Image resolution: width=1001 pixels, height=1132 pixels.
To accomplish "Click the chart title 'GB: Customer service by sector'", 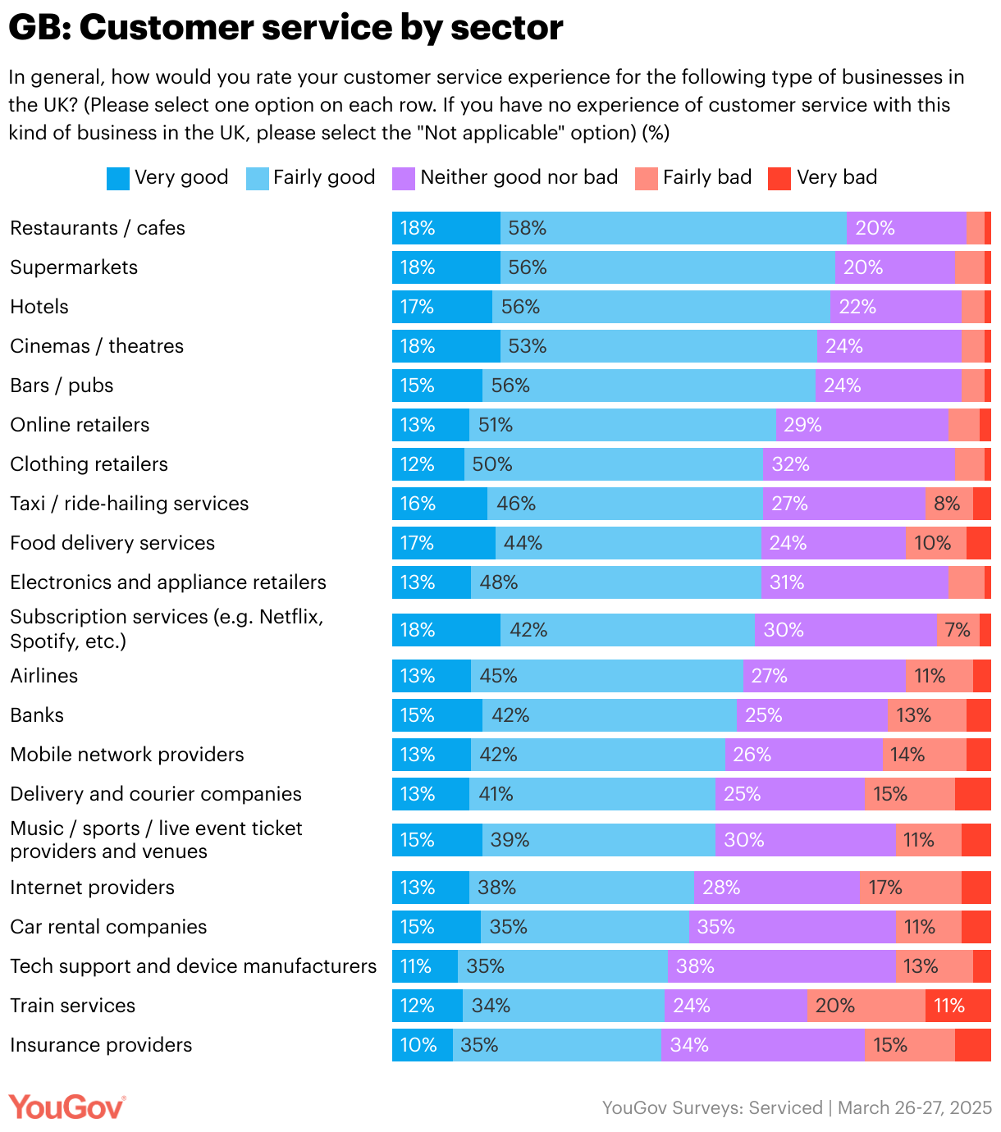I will pyautogui.click(x=286, y=28).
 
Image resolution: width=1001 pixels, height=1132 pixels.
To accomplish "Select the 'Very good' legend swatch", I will pyautogui.click(x=118, y=178).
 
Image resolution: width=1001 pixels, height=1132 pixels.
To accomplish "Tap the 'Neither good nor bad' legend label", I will pyautogui.click(x=519, y=177).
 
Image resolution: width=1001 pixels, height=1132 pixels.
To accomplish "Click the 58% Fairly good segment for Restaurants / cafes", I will pyautogui.click(x=673, y=228).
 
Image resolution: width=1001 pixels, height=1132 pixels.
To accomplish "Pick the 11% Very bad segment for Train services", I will pyautogui.click(x=958, y=1006).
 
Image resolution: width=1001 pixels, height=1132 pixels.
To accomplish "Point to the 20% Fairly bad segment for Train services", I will pyautogui.click(x=866, y=1006).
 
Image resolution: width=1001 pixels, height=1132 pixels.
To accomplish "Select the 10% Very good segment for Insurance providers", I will pyautogui.click(x=422, y=1045).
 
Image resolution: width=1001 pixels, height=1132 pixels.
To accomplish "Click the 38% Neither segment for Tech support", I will pyautogui.click(x=781, y=966).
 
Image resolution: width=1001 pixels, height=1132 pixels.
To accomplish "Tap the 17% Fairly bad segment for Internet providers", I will pyautogui.click(x=910, y=888).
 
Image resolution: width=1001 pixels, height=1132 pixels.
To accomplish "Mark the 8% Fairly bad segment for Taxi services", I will pyautogui.click(x=948, y=504).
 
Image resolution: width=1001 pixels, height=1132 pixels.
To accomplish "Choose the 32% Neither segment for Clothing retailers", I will pyautogui.click(x=858, y=464).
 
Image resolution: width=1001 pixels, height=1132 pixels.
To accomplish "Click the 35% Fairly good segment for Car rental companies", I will pyautogui.click(x=584, y=927).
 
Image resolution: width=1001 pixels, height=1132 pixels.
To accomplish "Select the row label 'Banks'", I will pyautogui.click(x=37, y=715).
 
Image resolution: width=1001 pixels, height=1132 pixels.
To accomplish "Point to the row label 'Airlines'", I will pyautogui.click(x=44, y=676).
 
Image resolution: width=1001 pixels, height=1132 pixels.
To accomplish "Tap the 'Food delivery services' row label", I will pyautogui.click(x=112, y=543).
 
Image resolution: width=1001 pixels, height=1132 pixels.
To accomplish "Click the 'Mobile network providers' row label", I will pyautogui.click(x=127, y=755).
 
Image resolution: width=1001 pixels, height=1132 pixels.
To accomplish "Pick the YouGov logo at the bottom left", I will pyautogui.click(x=66, y=1107).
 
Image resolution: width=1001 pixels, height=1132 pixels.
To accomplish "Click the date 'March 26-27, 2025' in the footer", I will pyautogui.click(x=914, y=1108).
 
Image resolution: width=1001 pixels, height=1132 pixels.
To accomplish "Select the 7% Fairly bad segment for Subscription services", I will pyautogui.click(x=958, y=630).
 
